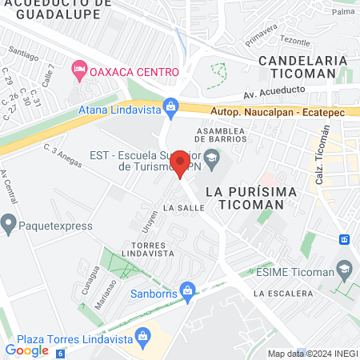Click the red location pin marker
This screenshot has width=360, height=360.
point(180,162)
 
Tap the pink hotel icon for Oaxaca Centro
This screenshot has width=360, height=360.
point(79,71)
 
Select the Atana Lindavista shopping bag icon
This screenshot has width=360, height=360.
point(170,106)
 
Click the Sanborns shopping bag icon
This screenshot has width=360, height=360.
point(187,289)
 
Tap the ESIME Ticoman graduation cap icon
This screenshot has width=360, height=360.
point(345,269)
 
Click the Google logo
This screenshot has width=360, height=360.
point(26,350)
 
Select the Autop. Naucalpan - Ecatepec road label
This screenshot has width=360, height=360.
point(277,113)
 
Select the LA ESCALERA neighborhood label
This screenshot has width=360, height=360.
point(283,294)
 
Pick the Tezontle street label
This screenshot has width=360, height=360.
point(295,41)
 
